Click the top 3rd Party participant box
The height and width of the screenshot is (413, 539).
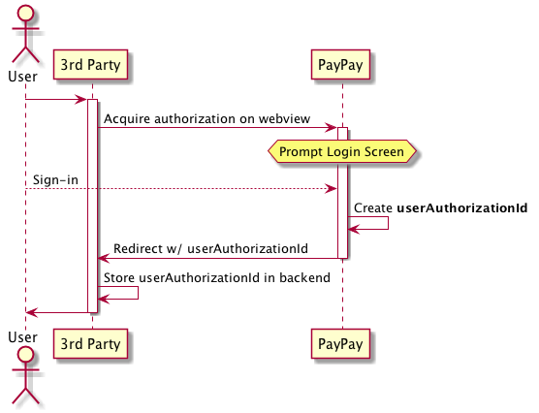click(92, 65)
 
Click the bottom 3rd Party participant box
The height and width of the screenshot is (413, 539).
click(92, 342)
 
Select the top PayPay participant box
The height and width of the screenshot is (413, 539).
click(342, 65)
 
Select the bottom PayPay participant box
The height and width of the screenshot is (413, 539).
click(342, 342)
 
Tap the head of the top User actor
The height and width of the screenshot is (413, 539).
click(24, 15)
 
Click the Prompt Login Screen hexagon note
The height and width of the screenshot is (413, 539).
click(341, 152)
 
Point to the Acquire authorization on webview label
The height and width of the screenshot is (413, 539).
click(206, 118)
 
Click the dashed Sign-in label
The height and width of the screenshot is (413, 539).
click(54, 179)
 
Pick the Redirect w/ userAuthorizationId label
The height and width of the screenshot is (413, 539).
click(210, 249)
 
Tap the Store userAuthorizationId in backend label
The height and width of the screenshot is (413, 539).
click(217, 278)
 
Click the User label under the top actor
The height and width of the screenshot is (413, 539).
click(22, 75)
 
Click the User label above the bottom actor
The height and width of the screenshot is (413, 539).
click(22, 336)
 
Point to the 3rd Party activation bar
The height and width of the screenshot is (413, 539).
click(93, 204)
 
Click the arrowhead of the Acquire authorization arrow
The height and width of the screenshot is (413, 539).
click(332, 127)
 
